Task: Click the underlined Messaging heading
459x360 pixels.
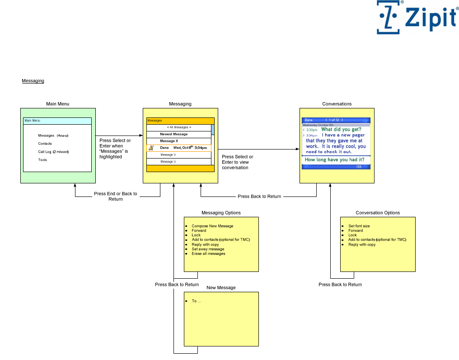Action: click(x=33, y=81)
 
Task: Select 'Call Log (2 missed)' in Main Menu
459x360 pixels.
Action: click(x=53, y=152)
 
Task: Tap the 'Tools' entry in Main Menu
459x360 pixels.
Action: click(x=42, y=160)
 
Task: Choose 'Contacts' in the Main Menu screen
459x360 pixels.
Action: click(x=45, y=144)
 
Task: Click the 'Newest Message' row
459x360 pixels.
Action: click(x=173, y=134)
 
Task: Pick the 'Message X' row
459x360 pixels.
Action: click(x=169, y=141)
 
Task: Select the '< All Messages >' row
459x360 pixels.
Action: click(x=179, y=127)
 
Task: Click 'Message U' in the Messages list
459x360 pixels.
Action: click(x=168, y=161)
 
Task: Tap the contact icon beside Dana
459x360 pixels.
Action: click(x=151, y=148)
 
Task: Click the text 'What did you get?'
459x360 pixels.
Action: click(x=341, y=129)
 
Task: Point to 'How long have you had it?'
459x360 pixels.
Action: click(x=334, y=159)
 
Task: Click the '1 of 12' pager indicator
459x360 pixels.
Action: click(x=334, y=120)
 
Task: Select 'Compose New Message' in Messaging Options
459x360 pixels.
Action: click(x=212, y=226)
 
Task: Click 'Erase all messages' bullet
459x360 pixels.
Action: click(x=208, y=254)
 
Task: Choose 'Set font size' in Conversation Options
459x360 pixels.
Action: click(x=359, y=226)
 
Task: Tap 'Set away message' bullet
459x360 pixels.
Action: click(x=208, y=249)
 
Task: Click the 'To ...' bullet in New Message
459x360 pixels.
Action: click(x=197, y=301)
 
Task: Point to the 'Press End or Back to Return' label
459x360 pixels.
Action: click(x=116, y=196)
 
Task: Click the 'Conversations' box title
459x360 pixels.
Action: click(x=337, y=104)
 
